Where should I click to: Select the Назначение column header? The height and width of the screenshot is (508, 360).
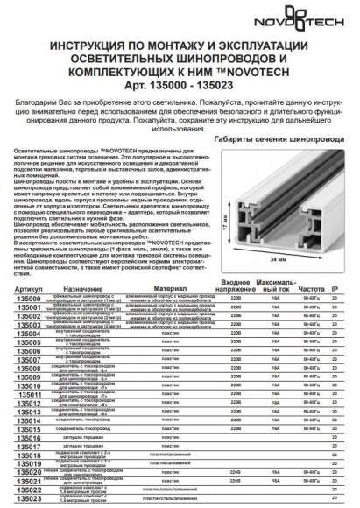[83, 287]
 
